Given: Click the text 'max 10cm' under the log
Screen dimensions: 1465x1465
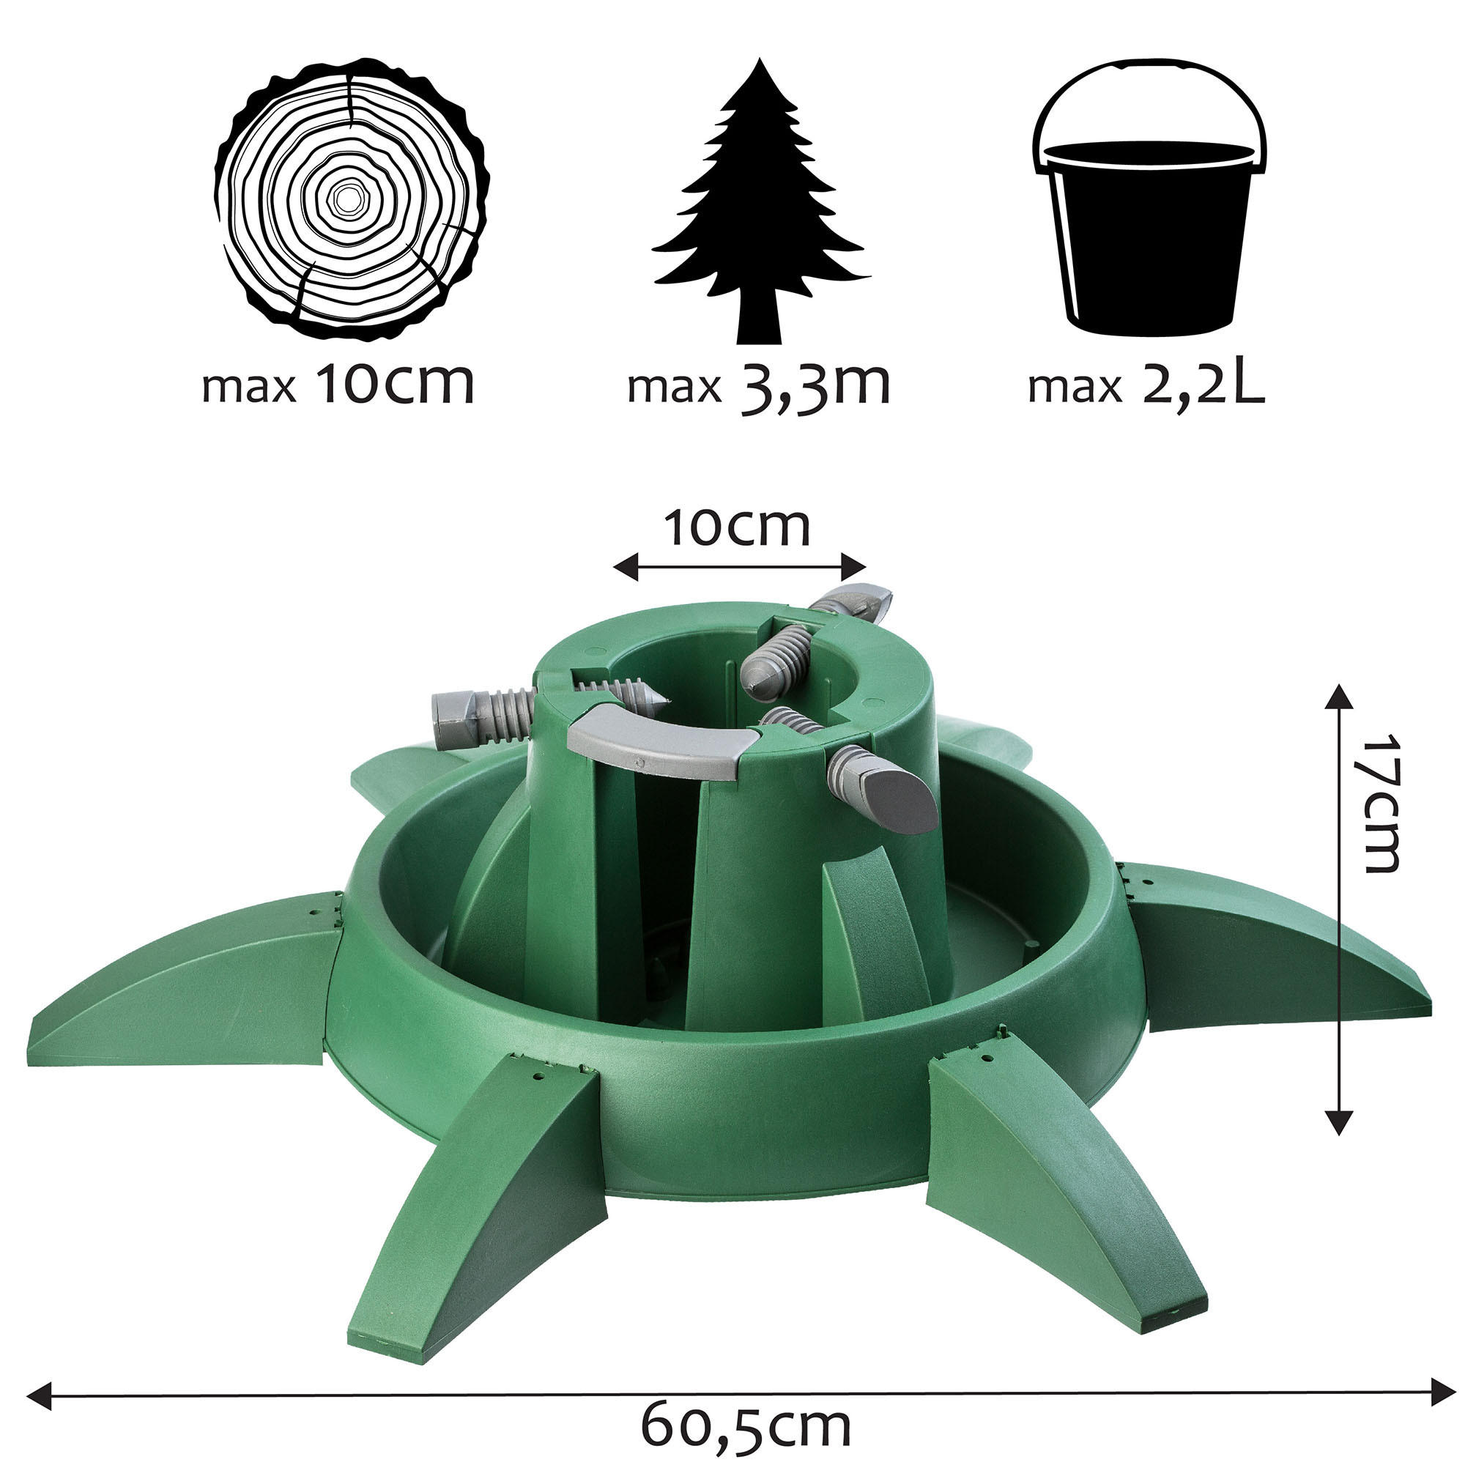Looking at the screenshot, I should [x=338, y=385].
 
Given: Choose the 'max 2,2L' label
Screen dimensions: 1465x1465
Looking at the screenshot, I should [x=1146, y=385].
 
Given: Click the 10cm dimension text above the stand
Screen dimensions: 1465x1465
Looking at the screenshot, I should [x=737, y=529].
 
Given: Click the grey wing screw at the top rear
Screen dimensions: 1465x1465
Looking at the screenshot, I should [x=853, y=603].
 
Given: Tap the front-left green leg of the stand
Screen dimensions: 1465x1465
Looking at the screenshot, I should [x=486, y=1183].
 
